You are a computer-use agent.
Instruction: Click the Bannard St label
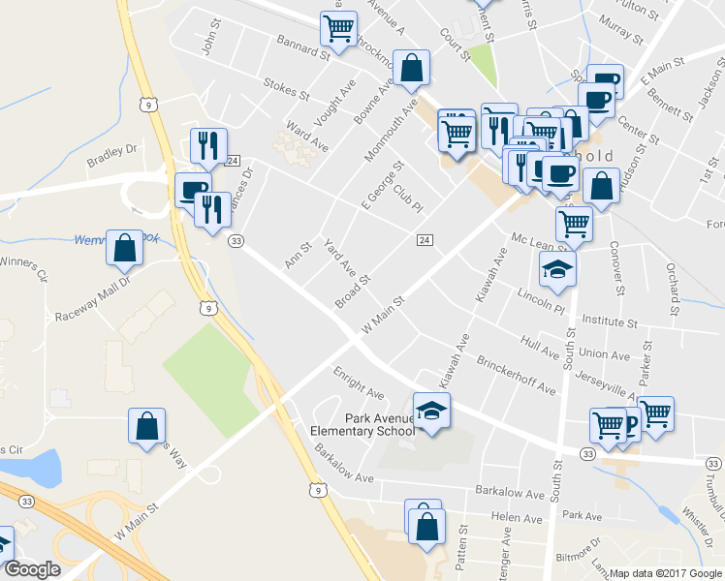pyautogui.click(x=303, y=45)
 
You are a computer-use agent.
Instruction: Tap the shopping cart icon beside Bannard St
pyautogui.click(x=338, y=29)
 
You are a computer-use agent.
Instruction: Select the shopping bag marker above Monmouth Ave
pyautogui.click(x=412, y=68)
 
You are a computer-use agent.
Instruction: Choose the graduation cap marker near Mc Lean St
pyautogui.click(x=557, y=269)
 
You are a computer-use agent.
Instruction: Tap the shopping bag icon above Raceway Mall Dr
pyautogui.click(x=125, y=249)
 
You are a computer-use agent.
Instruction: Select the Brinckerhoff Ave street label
pyautogui.click(x=516, y=375)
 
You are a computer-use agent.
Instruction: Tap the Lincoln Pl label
pyautogui.click(x=540, y=301)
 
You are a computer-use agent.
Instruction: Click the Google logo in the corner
pyautogui.click(x=32, y=569)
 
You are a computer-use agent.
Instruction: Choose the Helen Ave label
pyautogui.click(x=517, y=518)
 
